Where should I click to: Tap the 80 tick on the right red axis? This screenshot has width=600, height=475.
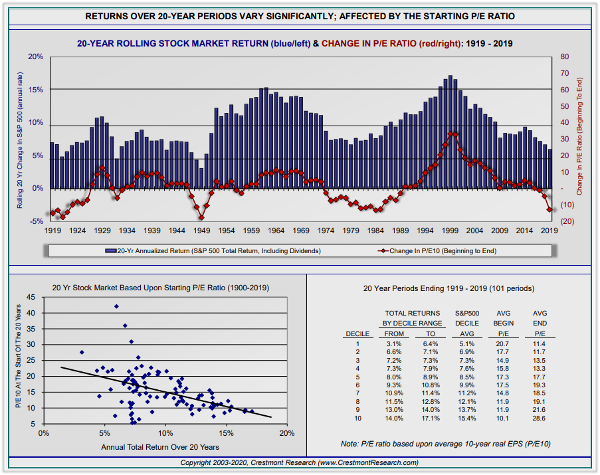click(x=563, y=57)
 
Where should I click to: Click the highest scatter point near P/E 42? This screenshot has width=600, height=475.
click(x=116, y=306)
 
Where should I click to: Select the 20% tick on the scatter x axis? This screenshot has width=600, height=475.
click(x=287, y=433)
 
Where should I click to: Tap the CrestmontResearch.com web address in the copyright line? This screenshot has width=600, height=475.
click(x=368, y=462)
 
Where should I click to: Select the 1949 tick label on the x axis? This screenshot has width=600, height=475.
click(x=201, y=231)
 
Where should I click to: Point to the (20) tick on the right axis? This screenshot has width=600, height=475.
click(x=567, y=221)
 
